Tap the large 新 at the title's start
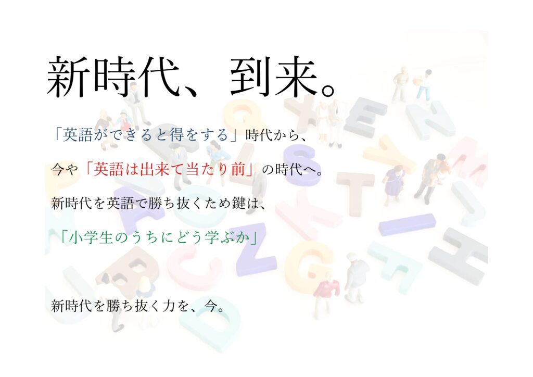pos(68,77)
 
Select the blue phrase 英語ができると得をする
pos(145,135)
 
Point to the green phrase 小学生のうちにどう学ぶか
pos(158,237)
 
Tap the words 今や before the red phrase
pos(65,169)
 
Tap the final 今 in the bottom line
pos(211,306)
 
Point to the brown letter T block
pos(353,191)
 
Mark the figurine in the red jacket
pos(325,292)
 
